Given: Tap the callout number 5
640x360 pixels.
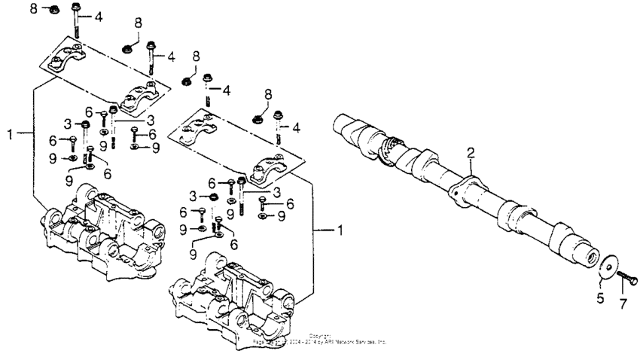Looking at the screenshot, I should [601, 297].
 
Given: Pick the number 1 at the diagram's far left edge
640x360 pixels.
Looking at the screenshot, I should [10, 134].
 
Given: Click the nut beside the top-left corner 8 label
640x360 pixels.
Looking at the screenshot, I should [53, 10].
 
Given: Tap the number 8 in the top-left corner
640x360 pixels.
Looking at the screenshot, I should [33, 8].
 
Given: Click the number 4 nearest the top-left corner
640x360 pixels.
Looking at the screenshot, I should [99, 17].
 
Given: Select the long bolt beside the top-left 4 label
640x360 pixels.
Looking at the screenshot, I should [78, 23].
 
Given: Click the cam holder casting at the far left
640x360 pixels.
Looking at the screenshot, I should [99, 233].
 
